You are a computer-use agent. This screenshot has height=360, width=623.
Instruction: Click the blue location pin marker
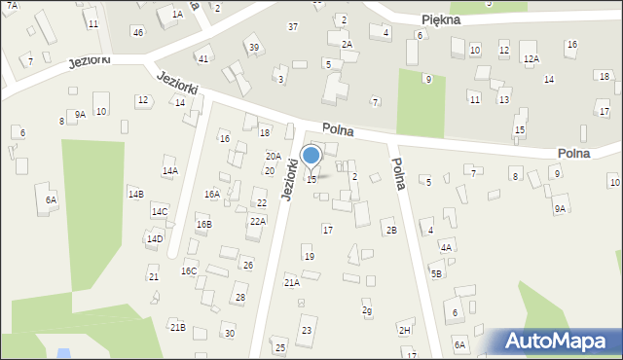click(311, 156)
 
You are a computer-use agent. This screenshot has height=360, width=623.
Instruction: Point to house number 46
click(138, 33)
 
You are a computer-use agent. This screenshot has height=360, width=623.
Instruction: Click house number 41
click(202, 59)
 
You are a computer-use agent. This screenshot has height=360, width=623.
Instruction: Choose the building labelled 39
click(253, 48)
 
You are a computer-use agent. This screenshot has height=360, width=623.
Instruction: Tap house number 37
click(293, 26)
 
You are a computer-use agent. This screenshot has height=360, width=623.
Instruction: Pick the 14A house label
click(170, 171)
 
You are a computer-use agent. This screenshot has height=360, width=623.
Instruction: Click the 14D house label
click(154, 238)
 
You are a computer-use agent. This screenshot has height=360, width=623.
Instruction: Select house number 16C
click(189, 271)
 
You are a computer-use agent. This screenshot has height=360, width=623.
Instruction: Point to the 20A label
click(274, 156)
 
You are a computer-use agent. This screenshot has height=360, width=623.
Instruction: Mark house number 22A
click(257, 221)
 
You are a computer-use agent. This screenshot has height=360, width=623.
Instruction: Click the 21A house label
click(291, 282)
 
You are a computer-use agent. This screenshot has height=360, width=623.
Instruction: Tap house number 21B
click(177, 327)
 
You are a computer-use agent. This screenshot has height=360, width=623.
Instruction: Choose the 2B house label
click(391, 230)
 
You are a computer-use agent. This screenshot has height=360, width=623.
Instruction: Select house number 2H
click(405, 330)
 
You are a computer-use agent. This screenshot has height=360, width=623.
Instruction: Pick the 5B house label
click(437, 273)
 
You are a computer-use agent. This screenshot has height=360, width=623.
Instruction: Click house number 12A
click(531, 59)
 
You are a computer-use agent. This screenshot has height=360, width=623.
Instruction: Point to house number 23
click(307, 331)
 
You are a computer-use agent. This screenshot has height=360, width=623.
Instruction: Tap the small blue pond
click(64, 352)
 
